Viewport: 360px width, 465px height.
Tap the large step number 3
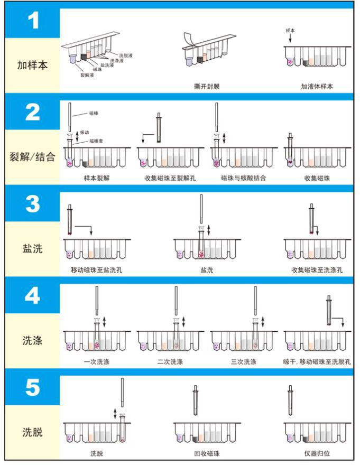(33, 205)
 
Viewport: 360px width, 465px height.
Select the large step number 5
(33, 388)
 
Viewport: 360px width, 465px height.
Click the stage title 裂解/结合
(33, 157)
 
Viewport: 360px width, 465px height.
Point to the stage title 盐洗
(33, 248)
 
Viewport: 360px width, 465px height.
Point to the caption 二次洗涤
(170, 362)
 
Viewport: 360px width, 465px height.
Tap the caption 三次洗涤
(244, 362)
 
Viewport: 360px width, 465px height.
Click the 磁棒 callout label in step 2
(93, 113)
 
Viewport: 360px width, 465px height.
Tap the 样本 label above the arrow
(290, 31)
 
